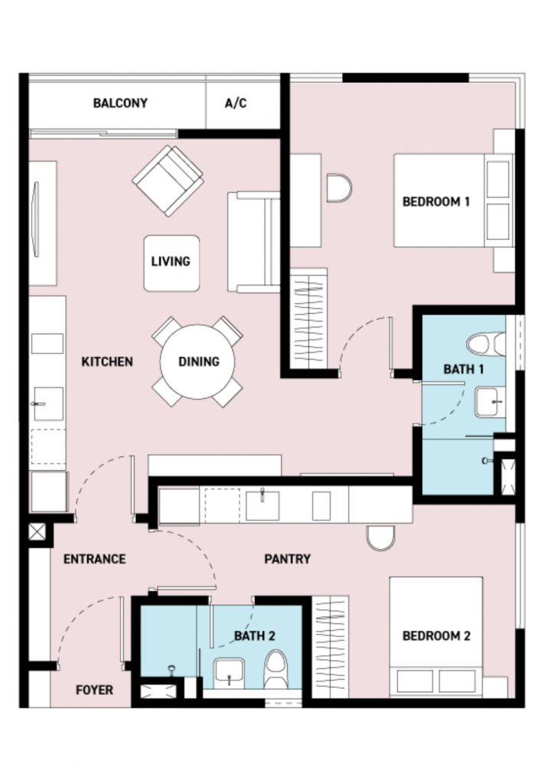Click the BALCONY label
[x=120, y=103]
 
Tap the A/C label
[x=236, y=103]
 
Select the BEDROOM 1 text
[x=436, y=201]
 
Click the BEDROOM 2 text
[x=436, y=635]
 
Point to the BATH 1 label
[x=464, y=369]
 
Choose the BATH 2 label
[x=255, y=635]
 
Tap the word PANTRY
[x=287, y=558]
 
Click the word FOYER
[x=94, y=690]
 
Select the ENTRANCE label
[x=94, y=558]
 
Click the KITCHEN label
[x=107, y=361]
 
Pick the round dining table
[x=197, y=361]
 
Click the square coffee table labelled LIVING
[x=171, y=263]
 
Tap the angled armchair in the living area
[x=168, y=181]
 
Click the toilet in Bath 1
[x=486, y=345]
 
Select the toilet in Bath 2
[x=275, y=669]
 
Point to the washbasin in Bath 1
[x=488, y=402]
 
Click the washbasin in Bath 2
[x=229, y=672]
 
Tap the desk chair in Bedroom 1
[x=340, y=188]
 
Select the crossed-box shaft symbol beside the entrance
[x=37, y=531]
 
